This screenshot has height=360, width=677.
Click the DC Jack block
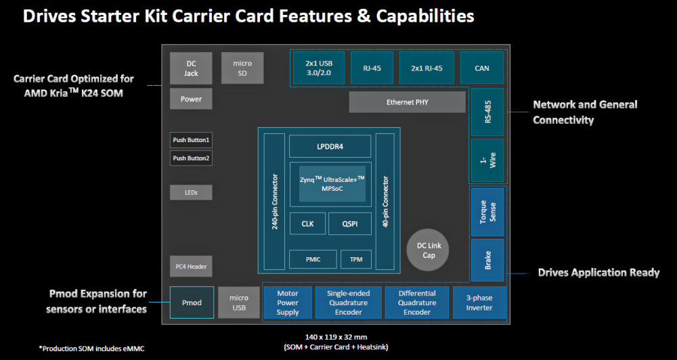pos(192,68)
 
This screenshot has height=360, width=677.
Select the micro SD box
pos(242,68)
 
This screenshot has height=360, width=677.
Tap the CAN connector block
pos(482,68)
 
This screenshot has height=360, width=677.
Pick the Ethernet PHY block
pos(407,102)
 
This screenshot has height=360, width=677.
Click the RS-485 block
pos(487,112)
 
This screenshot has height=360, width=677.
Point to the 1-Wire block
pos(487,160)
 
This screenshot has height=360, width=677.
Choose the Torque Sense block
pos(487,211)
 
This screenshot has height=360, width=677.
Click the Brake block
pos(487,260)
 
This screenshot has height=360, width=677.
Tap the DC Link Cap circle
pos(427,250)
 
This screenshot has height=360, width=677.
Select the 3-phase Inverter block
pos(479,302)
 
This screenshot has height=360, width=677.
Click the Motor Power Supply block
pos(287,302)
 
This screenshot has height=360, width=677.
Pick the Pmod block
pos(192,302)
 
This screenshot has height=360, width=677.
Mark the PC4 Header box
pos(190,267)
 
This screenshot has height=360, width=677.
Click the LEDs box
pos(191,193)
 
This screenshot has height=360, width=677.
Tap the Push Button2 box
pos(191,158)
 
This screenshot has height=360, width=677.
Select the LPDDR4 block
pos(330,146)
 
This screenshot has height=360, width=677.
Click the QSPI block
pos(349,223)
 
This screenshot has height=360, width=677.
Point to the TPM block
pos(355,259)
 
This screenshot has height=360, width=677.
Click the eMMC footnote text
pos(92,348)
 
